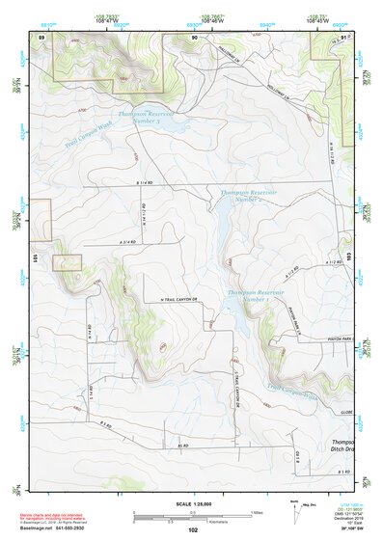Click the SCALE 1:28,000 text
(x=194, y=504)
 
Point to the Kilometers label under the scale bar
(x=194, y=522)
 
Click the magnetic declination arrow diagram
(x=296, y=511)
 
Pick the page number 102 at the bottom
(x=193, y=530)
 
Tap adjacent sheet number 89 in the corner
(x=41, y=36)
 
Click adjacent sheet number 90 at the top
(x=194, y=36)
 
